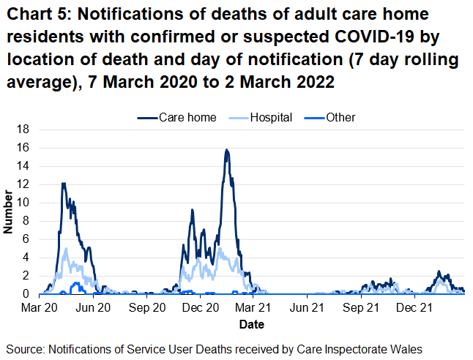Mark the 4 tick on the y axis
(x=26, y=258)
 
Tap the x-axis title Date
(x=250, y=323)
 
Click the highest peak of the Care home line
(x=227, y=150)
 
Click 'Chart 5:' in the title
(x=36, y=16)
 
